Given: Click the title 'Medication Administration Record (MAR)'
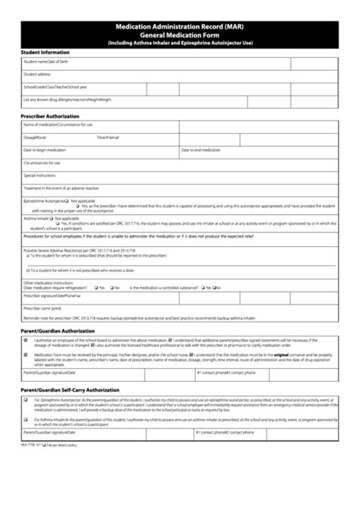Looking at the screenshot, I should tap(180, 25).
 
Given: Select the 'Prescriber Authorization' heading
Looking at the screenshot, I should tap(50, 115).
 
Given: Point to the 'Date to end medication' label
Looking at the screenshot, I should tap(201, 150).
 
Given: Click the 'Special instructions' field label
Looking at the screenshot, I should tap(40, 175).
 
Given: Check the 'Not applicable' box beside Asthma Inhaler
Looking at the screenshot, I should tap(54, 218).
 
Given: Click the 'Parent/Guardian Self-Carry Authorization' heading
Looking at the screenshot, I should tap(69, 390).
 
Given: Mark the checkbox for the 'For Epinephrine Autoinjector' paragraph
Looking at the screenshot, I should tap(25, 399).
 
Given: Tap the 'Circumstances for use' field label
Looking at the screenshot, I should tap(42, 162).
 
